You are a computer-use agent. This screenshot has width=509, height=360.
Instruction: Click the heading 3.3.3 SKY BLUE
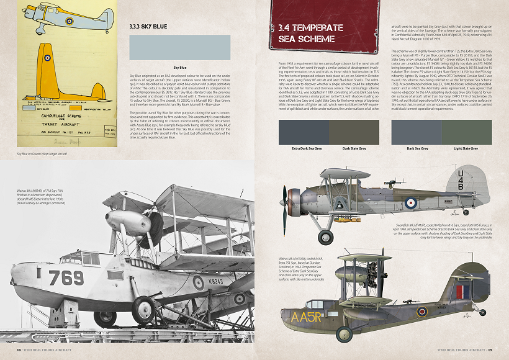[148, 27]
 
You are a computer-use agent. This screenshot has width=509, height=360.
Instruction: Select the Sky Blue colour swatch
[179, 47]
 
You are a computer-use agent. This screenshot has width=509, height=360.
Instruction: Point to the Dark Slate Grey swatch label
[354, 149]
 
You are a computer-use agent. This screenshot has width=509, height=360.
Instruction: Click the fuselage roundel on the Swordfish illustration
[410, 202]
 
